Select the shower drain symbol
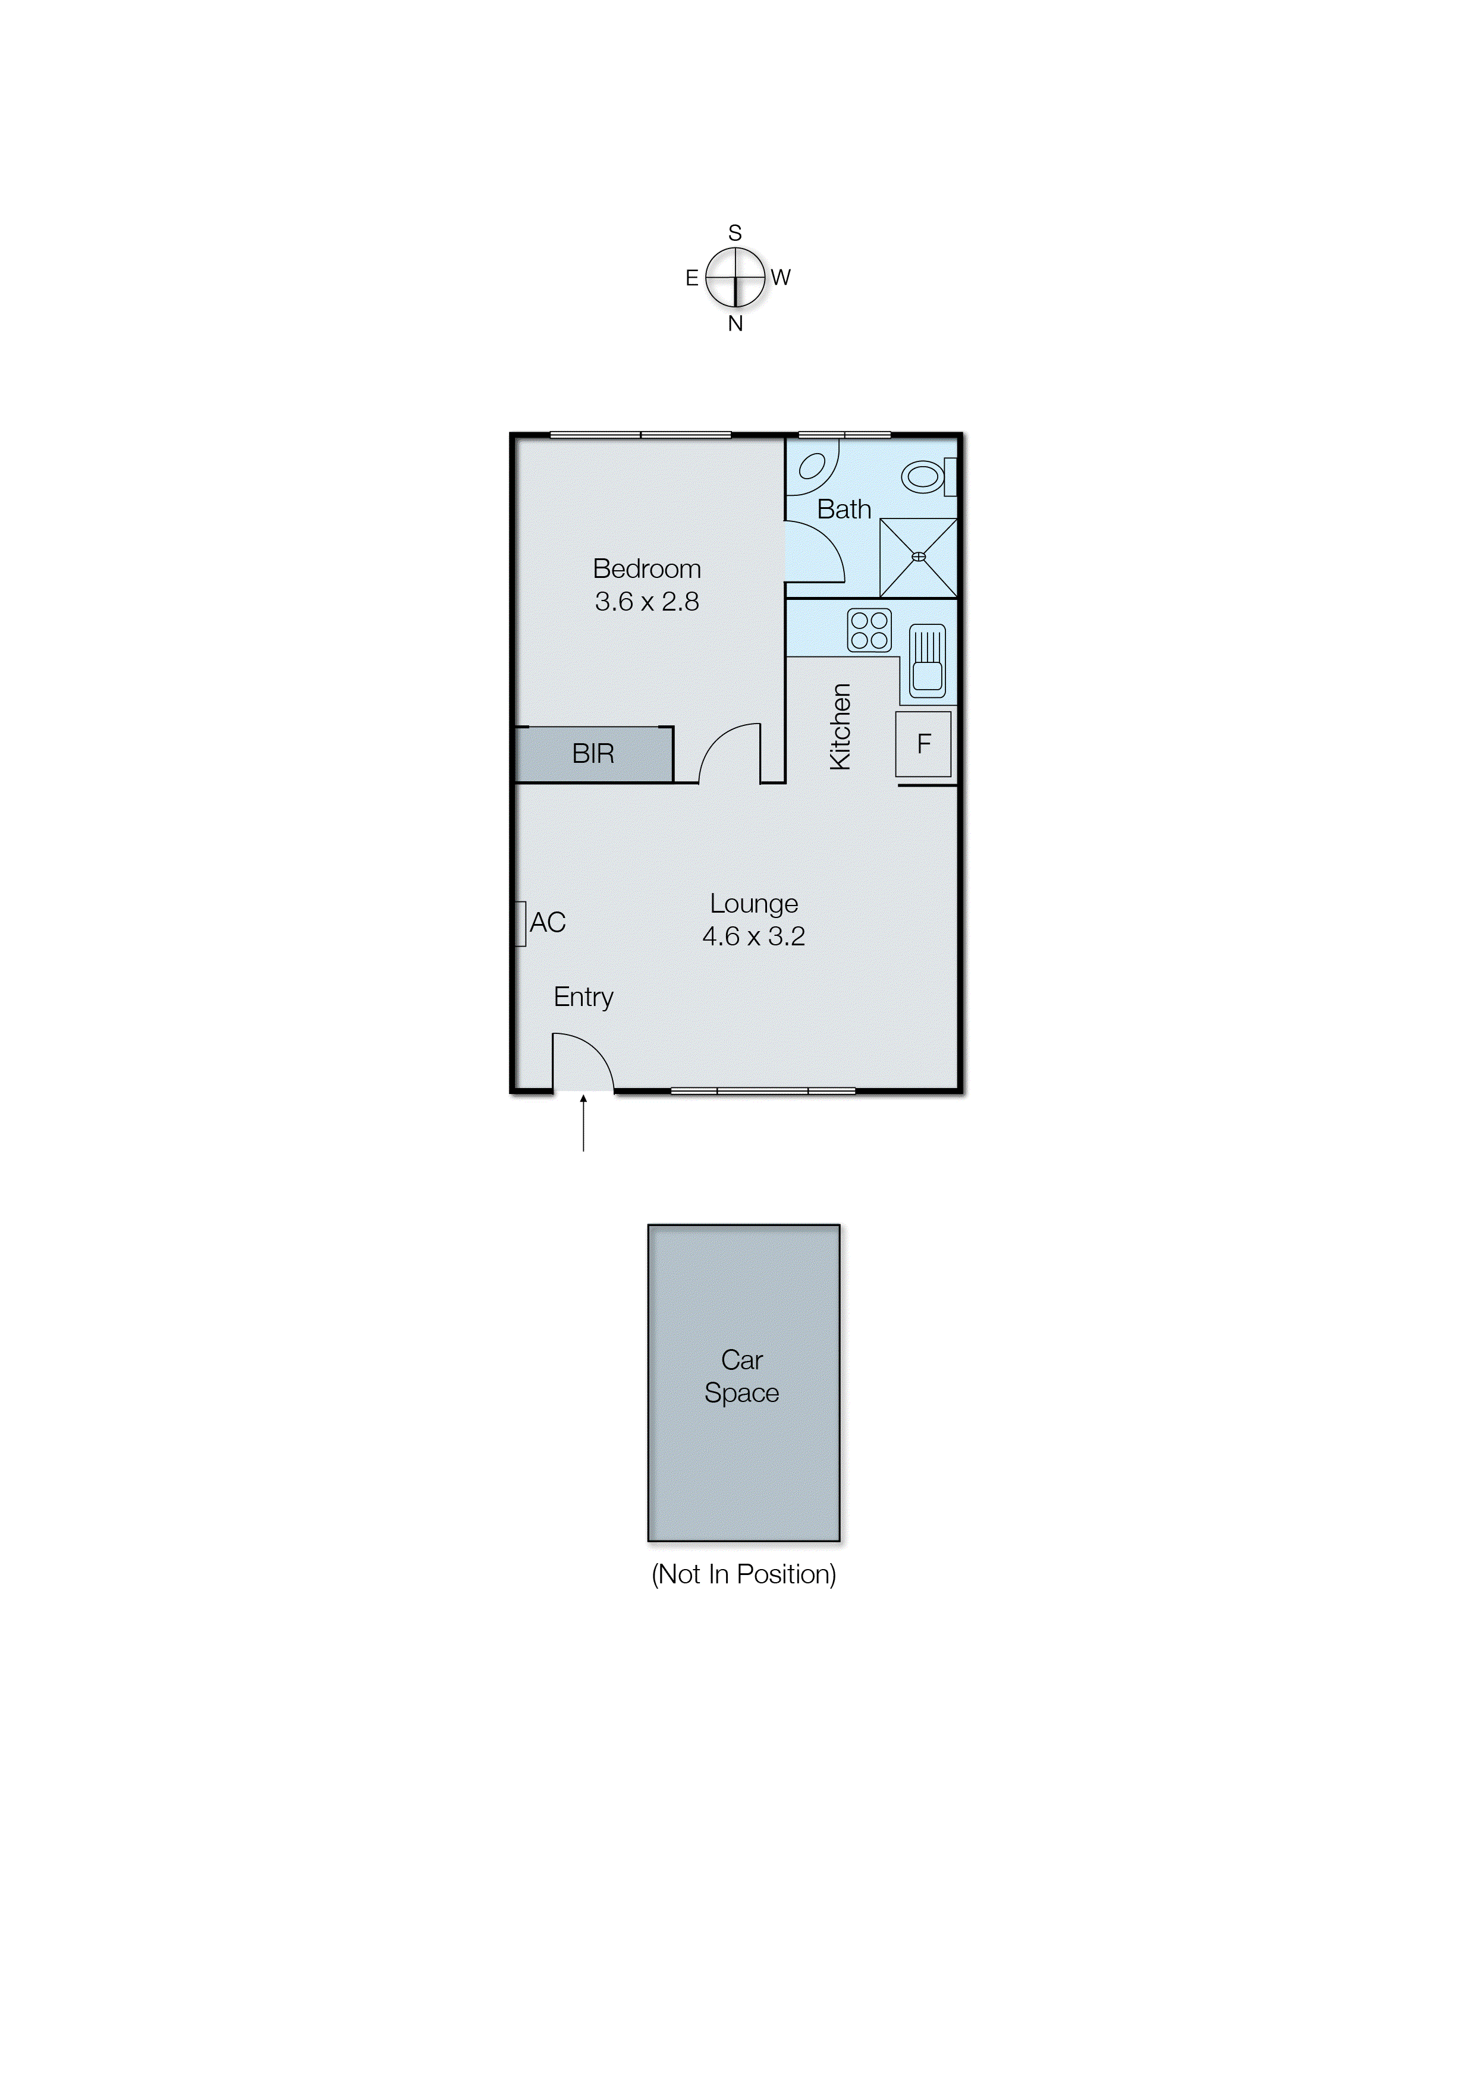click(x=919, y=557)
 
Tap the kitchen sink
click(x=927, y=662)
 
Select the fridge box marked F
click(x=924, y=744)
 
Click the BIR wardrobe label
click(x=593, y=753)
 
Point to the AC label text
click(x=548, y=922)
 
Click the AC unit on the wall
click(x=521, y=924)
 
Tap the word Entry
click(x=584, y=997)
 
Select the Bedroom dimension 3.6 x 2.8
click(x=647, y=602)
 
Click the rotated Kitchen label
click(x=841, y=727)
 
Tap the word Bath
click(x=844, y=510)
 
